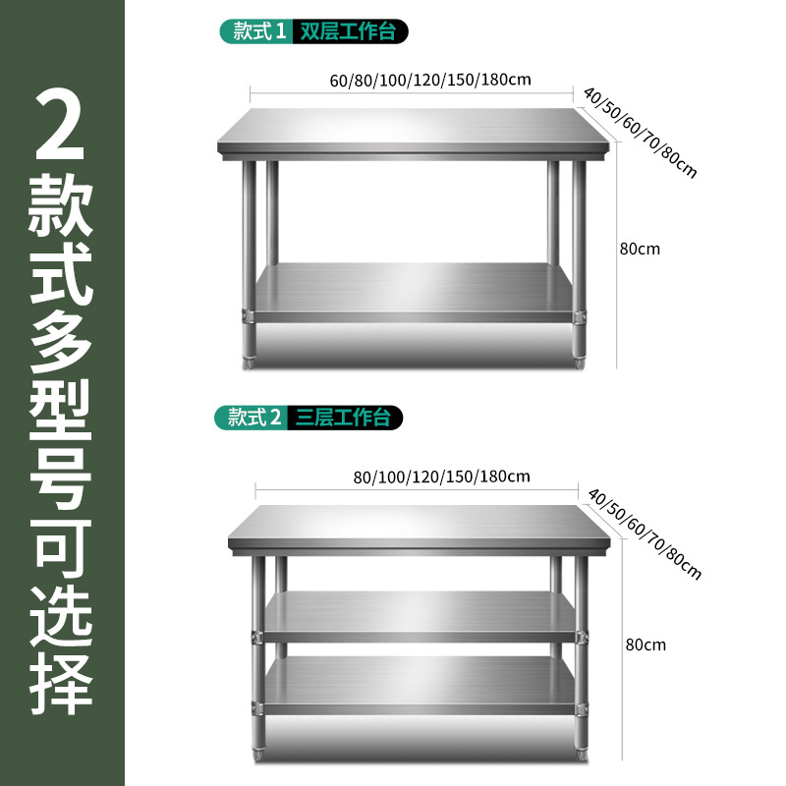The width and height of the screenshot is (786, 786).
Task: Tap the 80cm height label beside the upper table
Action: tap(640, 249)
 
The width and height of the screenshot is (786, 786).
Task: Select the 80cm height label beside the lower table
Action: tap(646, 645)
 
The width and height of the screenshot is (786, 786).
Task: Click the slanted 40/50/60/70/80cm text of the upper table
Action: tap(640, 134)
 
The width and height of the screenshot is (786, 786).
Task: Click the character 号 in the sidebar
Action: tap(61, 473)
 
